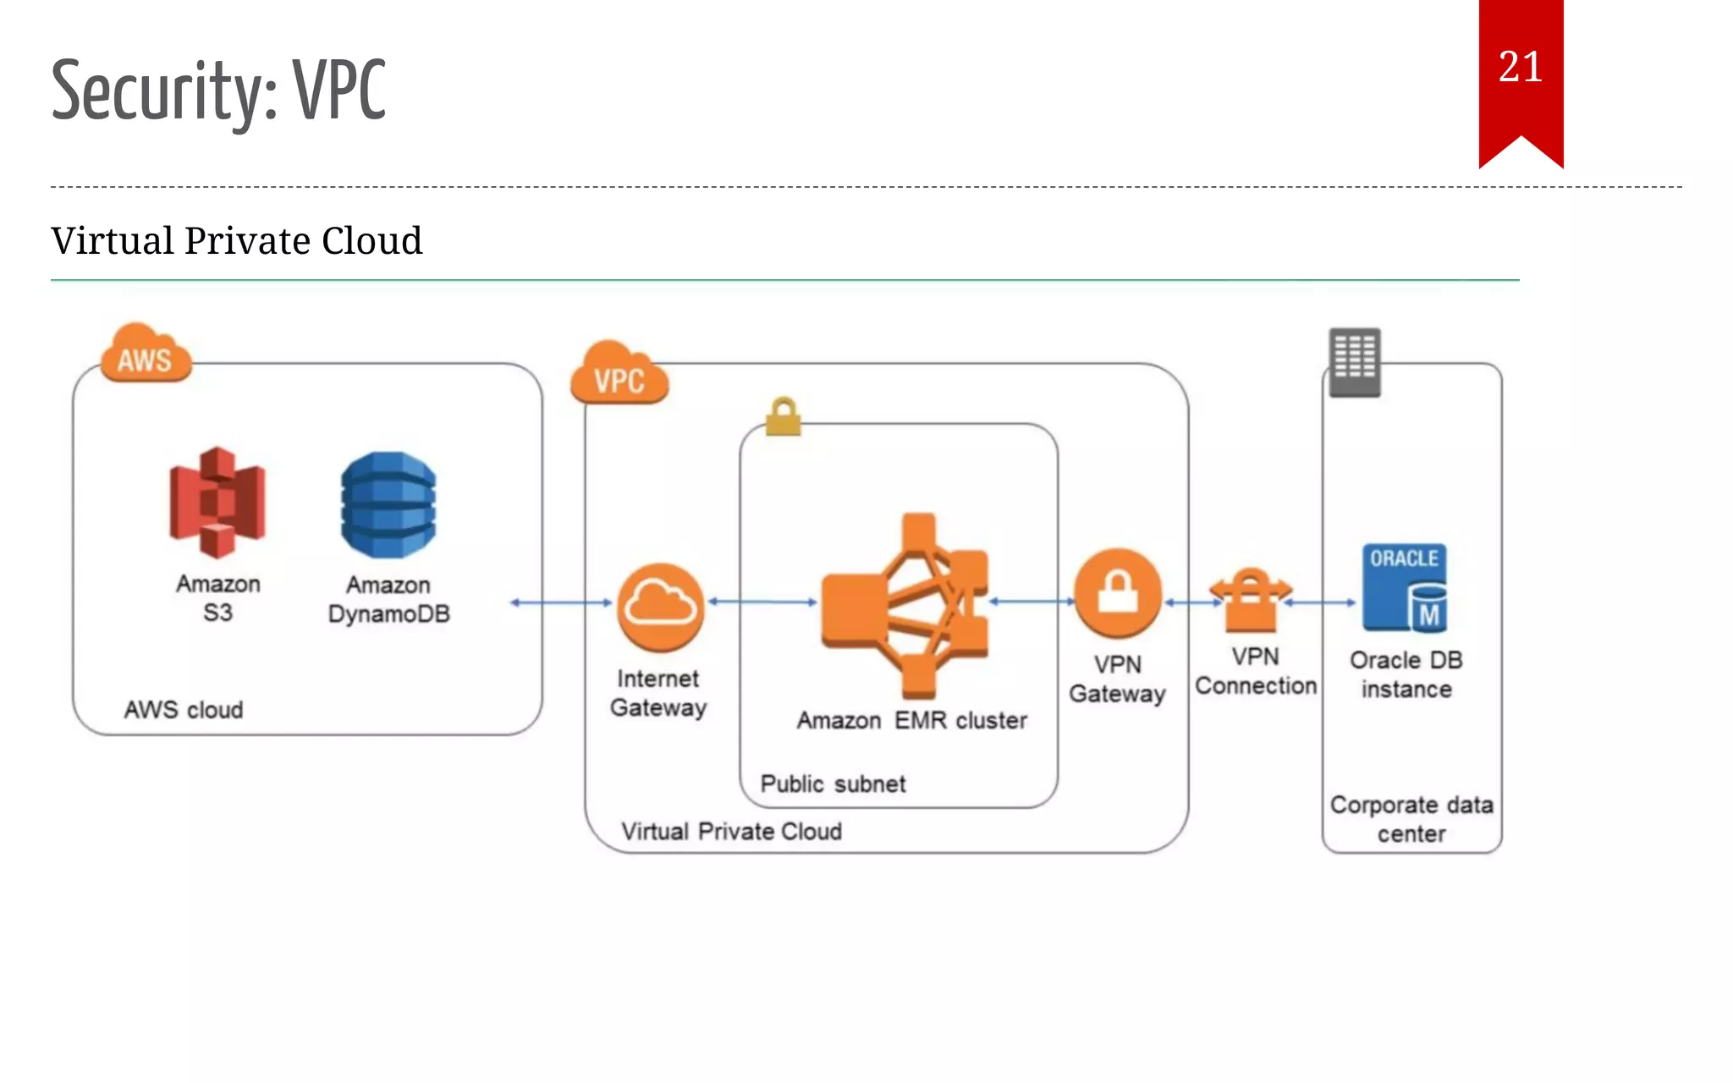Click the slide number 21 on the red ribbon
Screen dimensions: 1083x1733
click(1520, 68)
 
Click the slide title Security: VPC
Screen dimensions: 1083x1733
click(218, 91)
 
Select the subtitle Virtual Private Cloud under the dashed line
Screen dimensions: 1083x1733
click(236, 241)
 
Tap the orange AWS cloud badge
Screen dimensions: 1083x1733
click(145, 356)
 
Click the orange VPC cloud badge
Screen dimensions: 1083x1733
click(619, 377)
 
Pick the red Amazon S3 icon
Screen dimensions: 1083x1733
click(217, 503)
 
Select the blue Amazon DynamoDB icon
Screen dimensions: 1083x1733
click(388, 505)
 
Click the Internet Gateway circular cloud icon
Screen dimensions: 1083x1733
click(660, 606)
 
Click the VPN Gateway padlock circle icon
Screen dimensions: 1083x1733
click(1118, 592)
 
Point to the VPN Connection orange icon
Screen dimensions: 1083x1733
click(1251, 601)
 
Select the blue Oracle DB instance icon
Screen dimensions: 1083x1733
click(1404, 588)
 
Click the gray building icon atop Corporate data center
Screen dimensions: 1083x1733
click(1354, 362)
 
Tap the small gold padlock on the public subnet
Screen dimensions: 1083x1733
click(783, 417)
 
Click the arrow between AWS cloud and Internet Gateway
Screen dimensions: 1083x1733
click(560, 602)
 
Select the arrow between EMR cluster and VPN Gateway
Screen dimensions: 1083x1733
click(1031, 602)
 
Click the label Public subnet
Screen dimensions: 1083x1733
click(833, 784)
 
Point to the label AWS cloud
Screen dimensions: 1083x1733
click(184, 710)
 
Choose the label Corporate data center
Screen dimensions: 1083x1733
click(1411, 819)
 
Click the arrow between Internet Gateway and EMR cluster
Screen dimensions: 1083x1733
click(762, 602)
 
